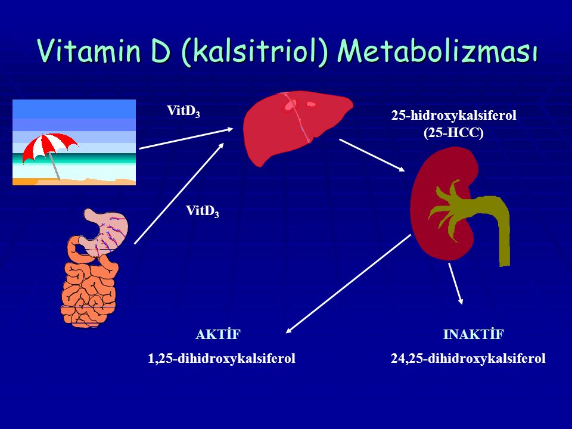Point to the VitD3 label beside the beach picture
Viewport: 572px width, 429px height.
(x=183, y=111)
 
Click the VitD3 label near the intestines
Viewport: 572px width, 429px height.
(x=203, y=211)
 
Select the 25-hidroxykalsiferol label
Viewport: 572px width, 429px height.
(x=454, y=116)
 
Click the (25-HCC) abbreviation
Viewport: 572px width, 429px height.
(x=453, y=133)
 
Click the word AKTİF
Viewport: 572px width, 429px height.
(x=218, y=334)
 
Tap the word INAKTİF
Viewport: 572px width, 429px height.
(x=474, y=334)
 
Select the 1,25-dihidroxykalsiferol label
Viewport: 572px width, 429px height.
(x=222, y=359)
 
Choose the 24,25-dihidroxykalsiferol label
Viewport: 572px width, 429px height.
(x=468, y=359)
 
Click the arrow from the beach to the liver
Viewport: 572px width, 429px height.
(x=186, y=138)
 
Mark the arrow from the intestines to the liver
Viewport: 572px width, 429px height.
(x=179, y=193)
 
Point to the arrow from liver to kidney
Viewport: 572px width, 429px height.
(x=372, y=155)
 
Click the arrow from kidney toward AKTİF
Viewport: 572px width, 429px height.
(x=349, y=284)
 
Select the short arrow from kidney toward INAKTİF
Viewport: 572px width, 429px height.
(x=456, y=284)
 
